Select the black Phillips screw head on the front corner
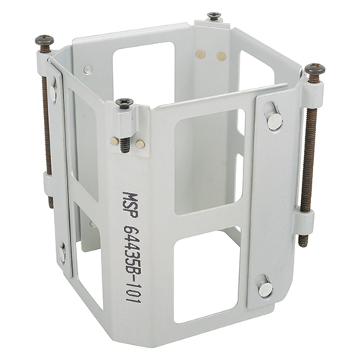coord(125,102)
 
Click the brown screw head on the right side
coord(315,69)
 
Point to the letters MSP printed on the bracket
coord(130,204)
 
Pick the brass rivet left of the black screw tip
coord(114,141)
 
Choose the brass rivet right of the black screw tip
coord(140,143)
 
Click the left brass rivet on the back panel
coord(199,55)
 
